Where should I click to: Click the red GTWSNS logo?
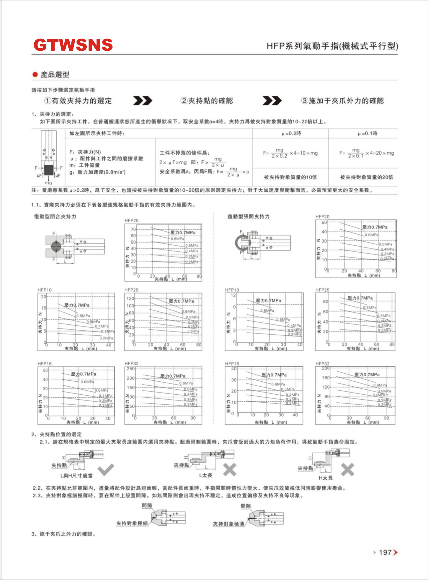73,45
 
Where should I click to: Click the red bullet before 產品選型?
35,75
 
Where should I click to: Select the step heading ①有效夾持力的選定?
78,101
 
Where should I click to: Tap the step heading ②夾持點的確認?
207,101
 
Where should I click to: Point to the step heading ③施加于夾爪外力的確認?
342,101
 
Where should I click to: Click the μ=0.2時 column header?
291,133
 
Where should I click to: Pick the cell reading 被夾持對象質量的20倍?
366,177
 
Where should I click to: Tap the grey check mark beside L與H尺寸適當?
106,469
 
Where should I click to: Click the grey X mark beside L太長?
230,469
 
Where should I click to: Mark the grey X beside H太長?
347,469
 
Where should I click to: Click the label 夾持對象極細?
132,523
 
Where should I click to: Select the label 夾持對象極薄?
228,524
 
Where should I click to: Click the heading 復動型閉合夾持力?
55,216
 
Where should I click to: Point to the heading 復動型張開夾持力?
248,216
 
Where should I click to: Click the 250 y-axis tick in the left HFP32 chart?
131,369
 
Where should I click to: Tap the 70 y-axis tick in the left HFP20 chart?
133,229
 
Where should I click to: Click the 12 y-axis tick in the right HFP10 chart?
233,295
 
